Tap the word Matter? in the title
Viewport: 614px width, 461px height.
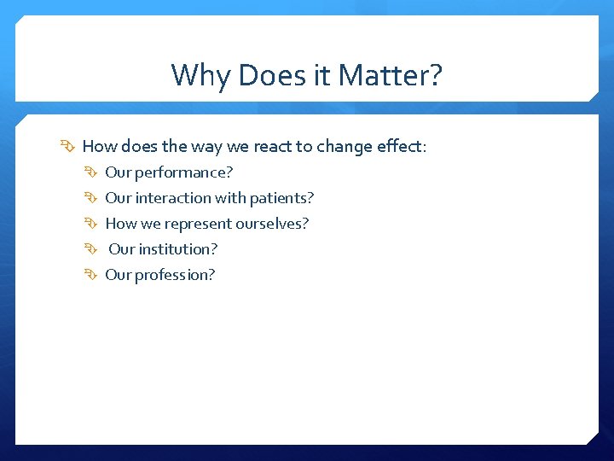click(x=391, y=75)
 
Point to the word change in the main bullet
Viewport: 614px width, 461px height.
click(x=345, y=147)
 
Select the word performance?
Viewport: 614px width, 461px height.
click(x=183, y=172)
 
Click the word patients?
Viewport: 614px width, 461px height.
click(x=281, y=198)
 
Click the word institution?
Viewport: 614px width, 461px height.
click(x=178, y=249)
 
